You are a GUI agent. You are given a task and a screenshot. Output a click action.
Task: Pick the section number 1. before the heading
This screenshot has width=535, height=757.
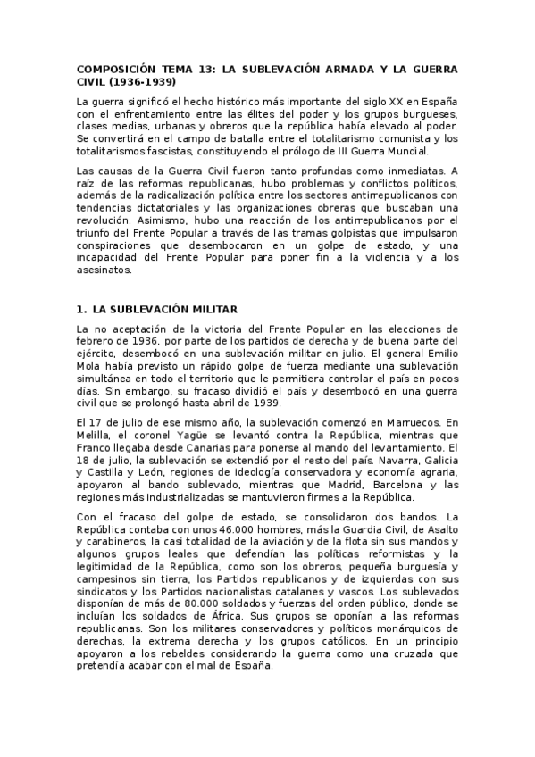coord(82,309)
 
